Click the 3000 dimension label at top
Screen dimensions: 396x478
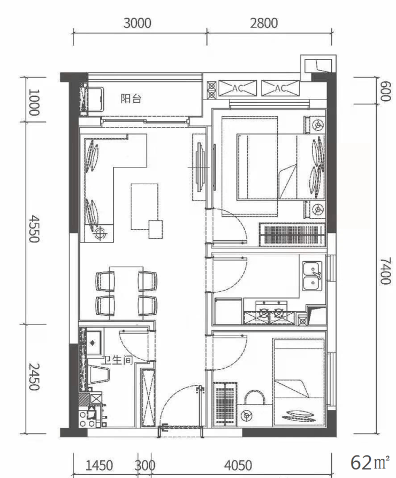(137, 23)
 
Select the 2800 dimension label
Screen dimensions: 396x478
(264, 23)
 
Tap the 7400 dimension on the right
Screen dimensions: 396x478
(385, 271)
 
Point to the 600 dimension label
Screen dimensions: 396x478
(385, 91)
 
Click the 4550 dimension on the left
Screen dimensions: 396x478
(34, 229)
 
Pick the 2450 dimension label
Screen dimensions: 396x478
(34, 376)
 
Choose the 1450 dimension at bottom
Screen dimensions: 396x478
(99, 466)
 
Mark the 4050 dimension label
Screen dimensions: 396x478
(238, 466)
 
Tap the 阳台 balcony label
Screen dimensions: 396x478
(131, 98)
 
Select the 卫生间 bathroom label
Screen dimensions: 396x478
(117, 360)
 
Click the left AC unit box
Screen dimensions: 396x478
(238, 88)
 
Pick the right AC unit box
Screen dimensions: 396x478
(280, 88)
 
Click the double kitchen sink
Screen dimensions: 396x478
(312, 276)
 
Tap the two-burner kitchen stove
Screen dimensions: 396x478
(271, 312)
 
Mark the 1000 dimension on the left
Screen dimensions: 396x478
(34, 102)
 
